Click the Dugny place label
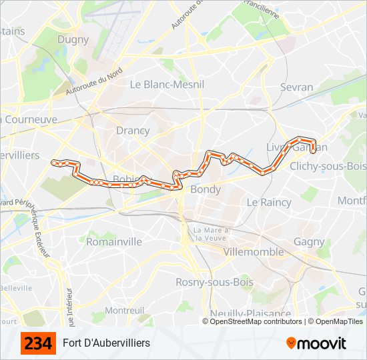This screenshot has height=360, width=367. click(73, 39)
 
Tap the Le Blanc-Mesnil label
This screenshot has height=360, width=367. click(167, 85)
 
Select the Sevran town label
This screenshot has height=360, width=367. click(297, 87)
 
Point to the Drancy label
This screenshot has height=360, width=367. click(133, 131)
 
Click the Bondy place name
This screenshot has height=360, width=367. click(206, 189)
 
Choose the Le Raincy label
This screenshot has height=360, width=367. click(269, 202)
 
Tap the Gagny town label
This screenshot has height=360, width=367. click(309, 242)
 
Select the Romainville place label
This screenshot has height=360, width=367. click(114, 241)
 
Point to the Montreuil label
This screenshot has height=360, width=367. click(125, 311)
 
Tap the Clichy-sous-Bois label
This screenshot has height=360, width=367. click(328, 166)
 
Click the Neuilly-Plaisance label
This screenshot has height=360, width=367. click(250, 313)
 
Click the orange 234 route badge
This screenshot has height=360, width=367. click(38, 343)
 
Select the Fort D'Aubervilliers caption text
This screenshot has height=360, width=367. click(107, 343)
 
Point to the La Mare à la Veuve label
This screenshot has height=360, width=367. click(211, 234)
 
